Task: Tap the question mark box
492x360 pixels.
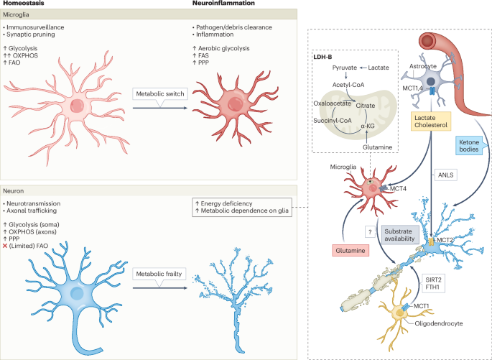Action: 369,232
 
